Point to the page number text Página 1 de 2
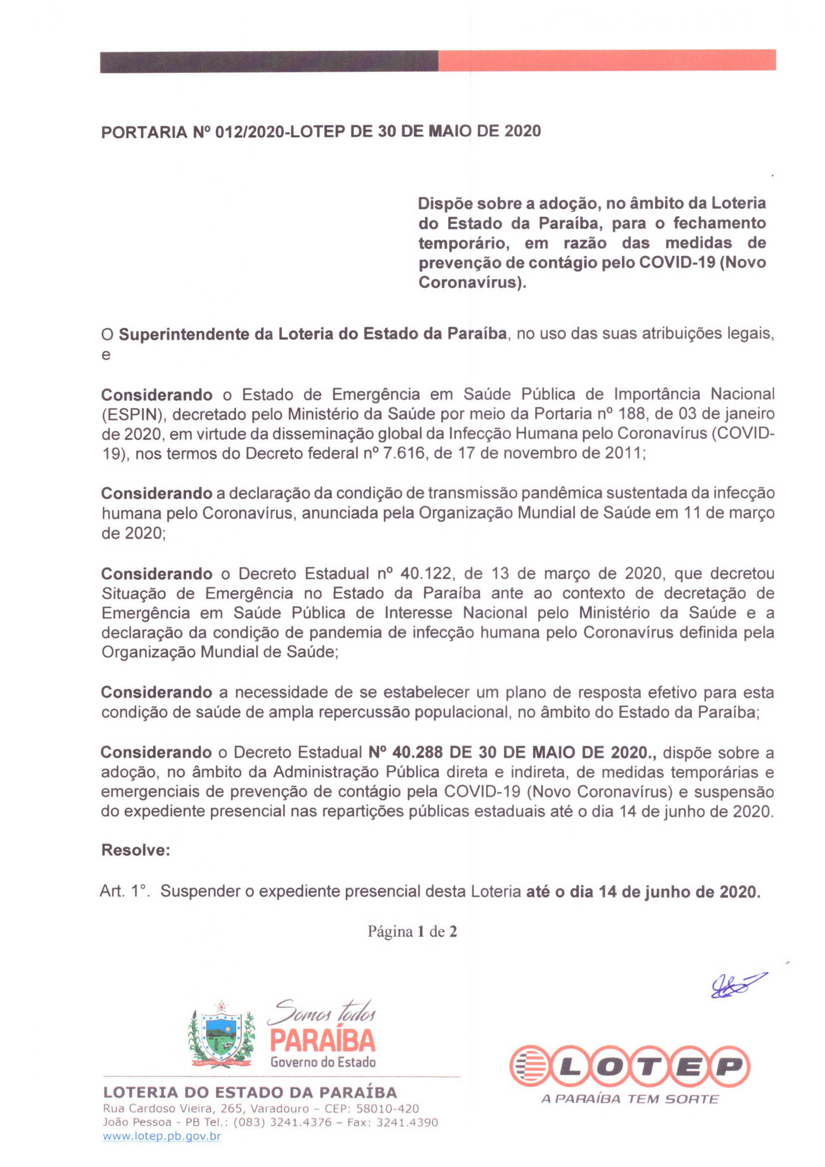tap(412, 932)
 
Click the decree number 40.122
tap(425, 574)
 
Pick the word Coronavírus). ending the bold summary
tap(472, 282)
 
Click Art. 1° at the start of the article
tap(123, 891)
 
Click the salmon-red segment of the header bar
tap(606, 60)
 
